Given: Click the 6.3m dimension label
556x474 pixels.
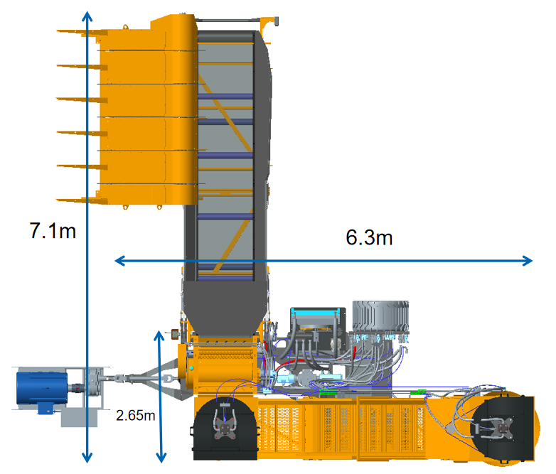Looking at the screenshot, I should coord(369,237).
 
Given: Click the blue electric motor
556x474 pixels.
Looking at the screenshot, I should coord(43,388).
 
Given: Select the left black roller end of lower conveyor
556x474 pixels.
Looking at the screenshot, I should coord(225,427).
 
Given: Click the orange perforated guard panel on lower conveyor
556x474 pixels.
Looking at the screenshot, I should coord(341,426).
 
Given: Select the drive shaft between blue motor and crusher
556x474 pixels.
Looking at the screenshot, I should coord(132,380).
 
